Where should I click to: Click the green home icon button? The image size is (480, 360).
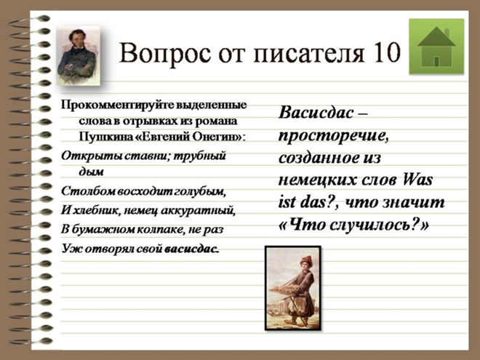click(436, 47)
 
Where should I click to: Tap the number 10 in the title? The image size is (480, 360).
click(386, 52)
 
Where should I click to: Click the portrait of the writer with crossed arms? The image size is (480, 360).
click(79, 55)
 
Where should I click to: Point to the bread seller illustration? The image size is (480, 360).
click(293, 288)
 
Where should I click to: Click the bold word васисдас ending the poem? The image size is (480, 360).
click(192, 249)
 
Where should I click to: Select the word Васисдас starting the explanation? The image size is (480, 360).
click(316, 113)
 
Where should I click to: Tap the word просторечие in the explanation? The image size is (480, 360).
click(333, 136)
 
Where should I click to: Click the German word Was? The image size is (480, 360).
click(417, 180)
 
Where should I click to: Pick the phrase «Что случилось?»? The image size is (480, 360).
click(354, 225)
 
